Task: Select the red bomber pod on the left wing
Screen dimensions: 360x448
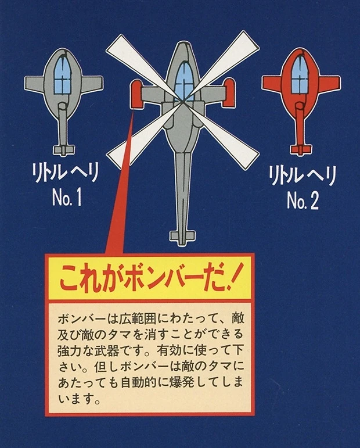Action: click(138, 92)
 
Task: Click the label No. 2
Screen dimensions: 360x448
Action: click(303, 201)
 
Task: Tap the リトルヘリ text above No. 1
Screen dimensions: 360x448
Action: click(66, 173)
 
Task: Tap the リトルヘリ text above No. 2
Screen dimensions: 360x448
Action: click(302, 175)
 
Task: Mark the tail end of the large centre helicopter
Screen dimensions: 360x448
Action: click(182, 238)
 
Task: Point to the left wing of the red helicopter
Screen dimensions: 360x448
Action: click(272, 86)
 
